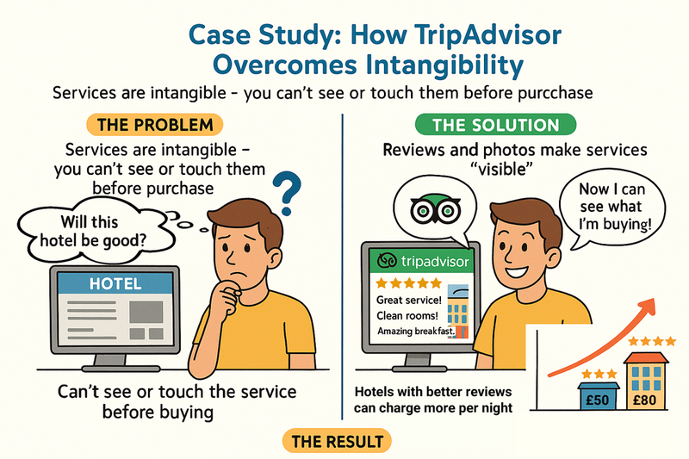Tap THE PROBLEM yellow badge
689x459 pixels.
155,125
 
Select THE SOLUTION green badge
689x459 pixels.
495,125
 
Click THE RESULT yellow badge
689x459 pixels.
337,441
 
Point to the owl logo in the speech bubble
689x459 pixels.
435,208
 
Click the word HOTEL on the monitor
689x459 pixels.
115,283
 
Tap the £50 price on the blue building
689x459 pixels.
598,400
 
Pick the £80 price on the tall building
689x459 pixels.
644,400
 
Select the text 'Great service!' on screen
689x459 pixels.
408,300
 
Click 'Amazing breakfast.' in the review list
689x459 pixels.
416,332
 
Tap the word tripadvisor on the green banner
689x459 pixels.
435,262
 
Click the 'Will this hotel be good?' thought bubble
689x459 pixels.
95,231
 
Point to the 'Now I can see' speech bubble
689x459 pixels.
612,208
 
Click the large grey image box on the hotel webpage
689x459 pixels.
146,312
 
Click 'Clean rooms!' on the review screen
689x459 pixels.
407,316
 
